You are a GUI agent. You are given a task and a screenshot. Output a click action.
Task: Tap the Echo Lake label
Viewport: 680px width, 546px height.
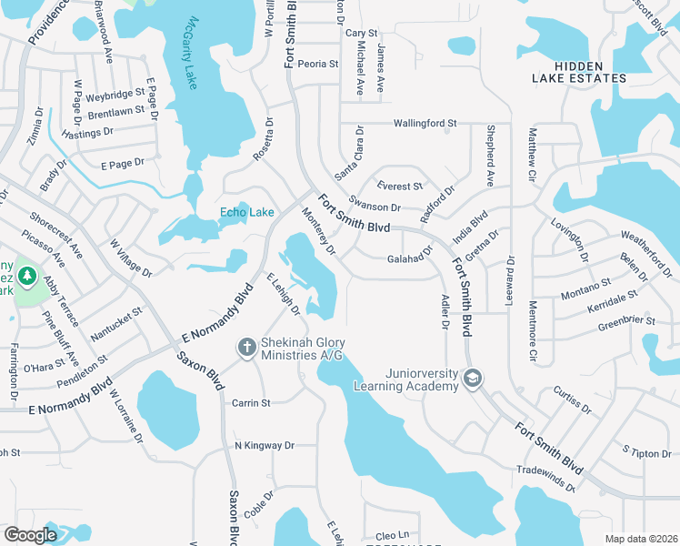coord(246,212)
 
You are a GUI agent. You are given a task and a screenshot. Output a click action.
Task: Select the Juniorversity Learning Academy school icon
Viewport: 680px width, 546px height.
coord(472,378)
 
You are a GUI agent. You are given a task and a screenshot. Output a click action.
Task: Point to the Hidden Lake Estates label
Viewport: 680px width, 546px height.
coord(591,72)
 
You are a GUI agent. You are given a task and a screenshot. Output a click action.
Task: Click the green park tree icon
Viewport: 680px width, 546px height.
coord(27,275)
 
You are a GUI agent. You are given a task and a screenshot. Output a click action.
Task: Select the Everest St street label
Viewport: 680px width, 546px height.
coord(400,186)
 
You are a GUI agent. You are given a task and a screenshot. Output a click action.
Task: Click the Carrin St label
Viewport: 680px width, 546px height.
coord(251,402)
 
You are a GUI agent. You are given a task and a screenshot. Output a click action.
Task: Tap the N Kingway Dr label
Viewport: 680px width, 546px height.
coord(265,446)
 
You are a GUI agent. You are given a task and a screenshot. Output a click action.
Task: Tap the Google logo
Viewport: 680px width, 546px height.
coord(30,535)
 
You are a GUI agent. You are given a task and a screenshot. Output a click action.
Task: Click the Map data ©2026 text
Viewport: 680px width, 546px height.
coord(640,539)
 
